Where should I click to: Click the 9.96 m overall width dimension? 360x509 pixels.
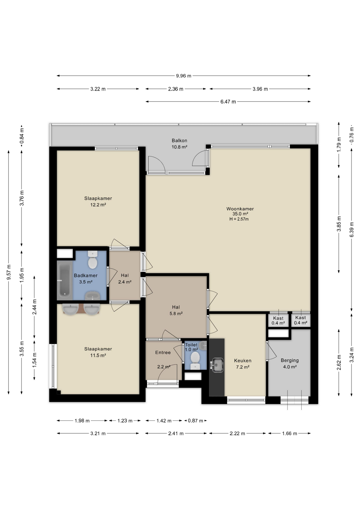point(183,76)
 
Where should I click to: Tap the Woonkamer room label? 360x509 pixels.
point(240,209)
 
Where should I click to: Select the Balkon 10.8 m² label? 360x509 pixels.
point(179,144)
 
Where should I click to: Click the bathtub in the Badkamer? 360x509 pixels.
point(64,280)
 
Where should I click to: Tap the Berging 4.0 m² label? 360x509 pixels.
point(289,363)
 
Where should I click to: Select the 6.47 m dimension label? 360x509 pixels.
point(228,102)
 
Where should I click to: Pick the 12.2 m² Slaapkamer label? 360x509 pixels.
point(98,201)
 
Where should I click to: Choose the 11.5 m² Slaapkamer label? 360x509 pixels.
point(98,352)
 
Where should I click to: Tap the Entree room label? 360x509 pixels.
point(163,352)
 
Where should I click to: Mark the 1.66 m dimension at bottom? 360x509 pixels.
point(289,433)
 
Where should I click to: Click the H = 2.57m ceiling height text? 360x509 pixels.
point(239,219)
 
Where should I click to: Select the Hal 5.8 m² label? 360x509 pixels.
point(176,310)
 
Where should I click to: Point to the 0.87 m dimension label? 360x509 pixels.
point(195,421)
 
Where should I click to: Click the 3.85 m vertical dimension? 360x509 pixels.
point(339,224)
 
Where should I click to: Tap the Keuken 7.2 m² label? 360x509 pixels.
point(243,364)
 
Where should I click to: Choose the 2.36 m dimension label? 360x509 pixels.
point(175,89)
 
